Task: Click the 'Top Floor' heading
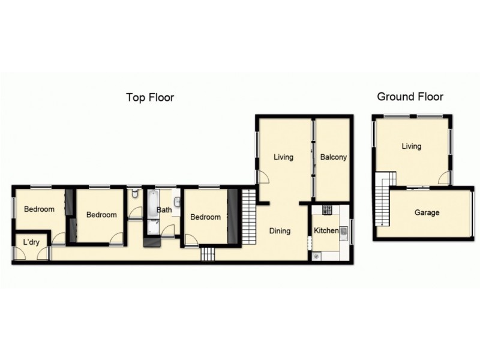pyautogui.click(x=149, y=97)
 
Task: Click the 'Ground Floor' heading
pyautogui.click(x=410, y=97)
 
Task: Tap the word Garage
pyautogui.click(x=427, y=212)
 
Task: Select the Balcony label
pyautogui.click(x=333, y=157)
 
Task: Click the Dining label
pyautogui.click(x=280, y=230)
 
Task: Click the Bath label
pyautogui.click(x=164, y=210)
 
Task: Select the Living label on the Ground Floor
pyautogui.click(x=412, y=146)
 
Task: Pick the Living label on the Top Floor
pyautogui.click(x=283, y=157)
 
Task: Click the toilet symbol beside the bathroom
pyautogui.click(x=136, y=195)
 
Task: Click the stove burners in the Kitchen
pyautogui.click(x=327, y=210)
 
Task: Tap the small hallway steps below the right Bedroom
pyautogui.click(x=208, y=254)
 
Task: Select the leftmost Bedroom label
pyautogui.click(x=39, y=209)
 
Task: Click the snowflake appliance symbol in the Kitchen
pyautogui.click(x=317, y=256)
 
